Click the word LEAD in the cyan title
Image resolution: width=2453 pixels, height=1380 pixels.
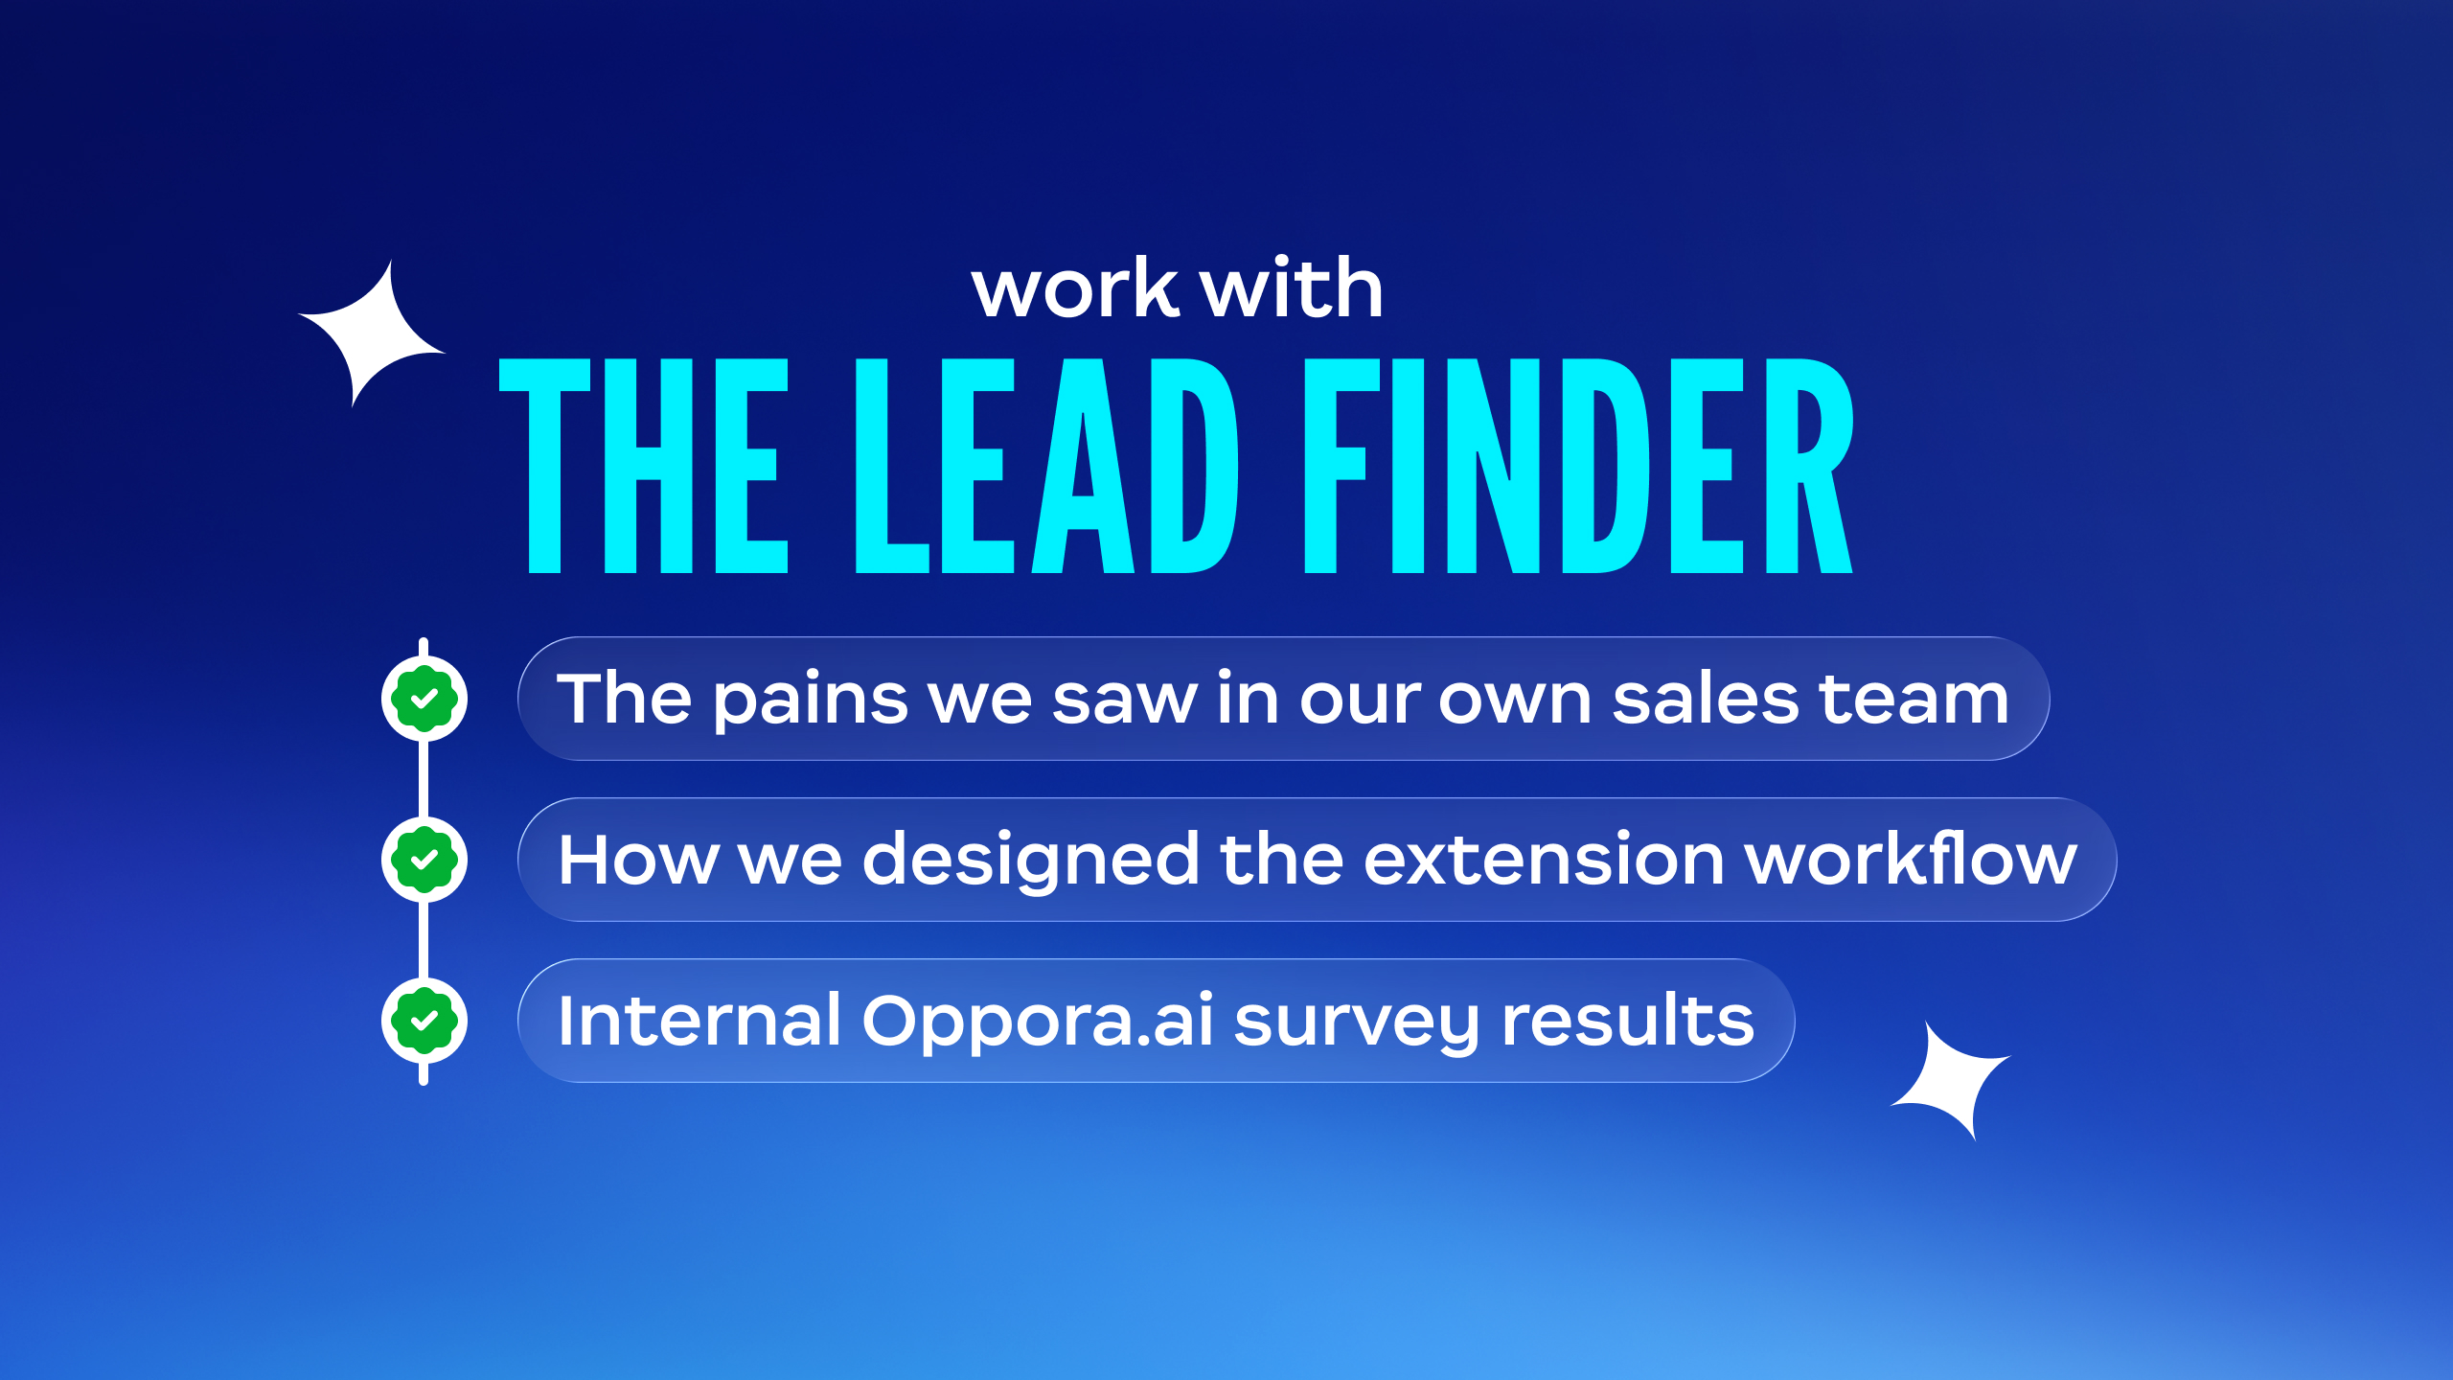pyautogui.click(x=1046, y=466)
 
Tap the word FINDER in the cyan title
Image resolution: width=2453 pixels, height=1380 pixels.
pyautogui.click(x=1580, y=466)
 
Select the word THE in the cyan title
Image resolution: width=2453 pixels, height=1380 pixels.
pyautogui.click(x=644, y=466)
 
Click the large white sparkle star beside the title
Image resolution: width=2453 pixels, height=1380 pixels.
pyautogui.click(x=372, y=333)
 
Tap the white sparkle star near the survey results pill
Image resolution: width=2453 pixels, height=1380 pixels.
pyautogui.click(x=1951, y=1081)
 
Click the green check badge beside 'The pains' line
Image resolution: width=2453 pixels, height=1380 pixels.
pyautogui.click(x=424, y=699)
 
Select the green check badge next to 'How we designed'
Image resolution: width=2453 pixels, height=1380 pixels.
pyautogui.click(x=424, y=860)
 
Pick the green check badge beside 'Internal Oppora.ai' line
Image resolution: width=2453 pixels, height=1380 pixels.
pyautogui.click(x=424, y=1021)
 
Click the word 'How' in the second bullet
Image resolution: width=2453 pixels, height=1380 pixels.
pyautogui.click(x=638, y=859)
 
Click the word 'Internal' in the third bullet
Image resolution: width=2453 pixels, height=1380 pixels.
pyautogui.click(x=699, y=1020)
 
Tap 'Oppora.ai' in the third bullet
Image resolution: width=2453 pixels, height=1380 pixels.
pyautogui.click(x=1038, y=1023)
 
